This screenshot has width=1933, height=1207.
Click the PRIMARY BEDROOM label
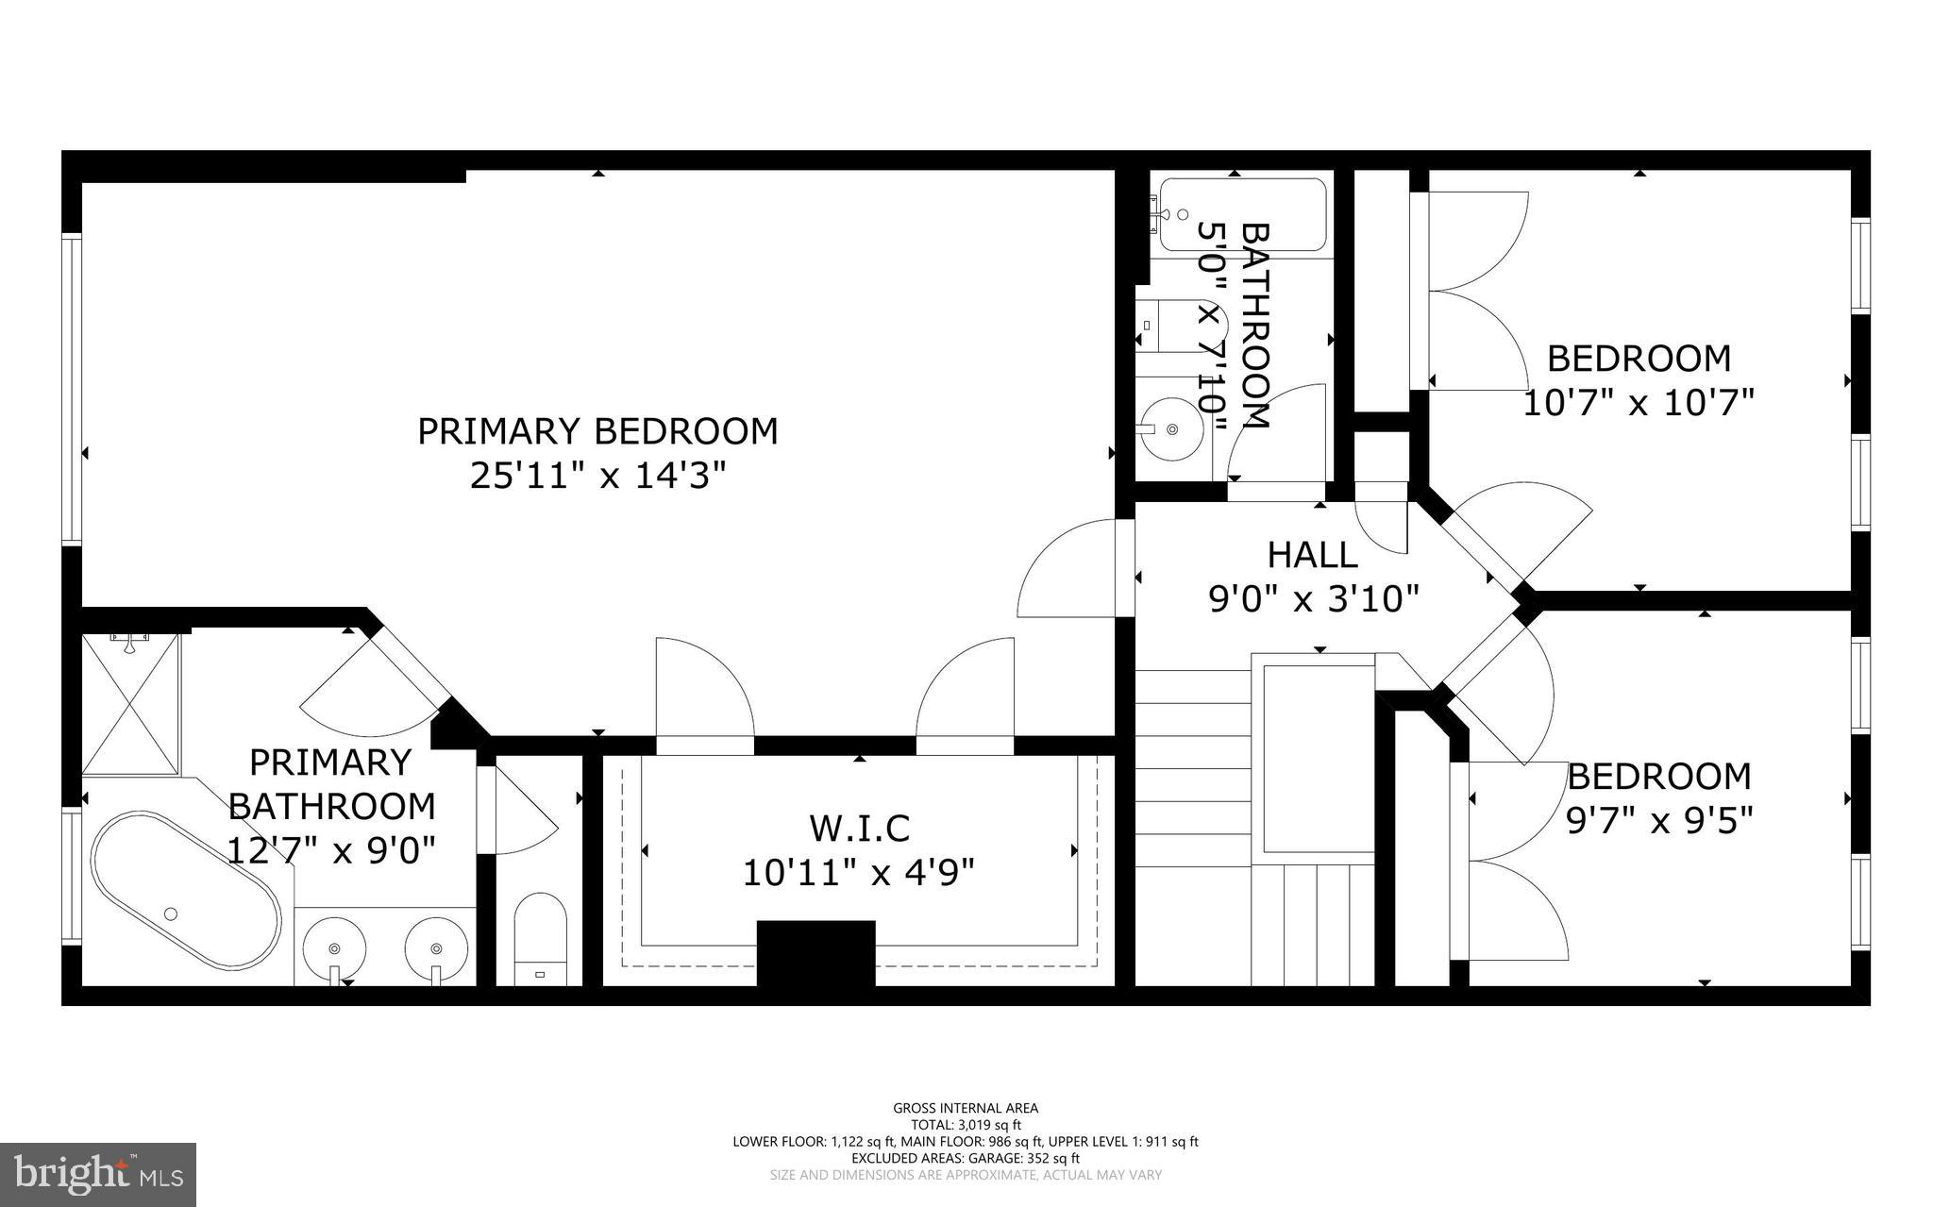tap(597, 431)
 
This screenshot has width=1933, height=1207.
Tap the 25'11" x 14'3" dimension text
tap(597, 476)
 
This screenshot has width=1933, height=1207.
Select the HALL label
tap(1312, 555)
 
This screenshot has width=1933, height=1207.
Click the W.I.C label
tap(859, 828)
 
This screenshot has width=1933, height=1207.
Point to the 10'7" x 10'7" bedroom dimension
tap(1639, 403)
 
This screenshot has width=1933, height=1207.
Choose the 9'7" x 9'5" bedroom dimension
tap(1659, 821)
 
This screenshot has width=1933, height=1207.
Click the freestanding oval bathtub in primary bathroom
tap(186, 890)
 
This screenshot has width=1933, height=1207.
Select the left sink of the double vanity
tap(334, 947)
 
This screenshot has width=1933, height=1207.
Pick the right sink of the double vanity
tap(436, 947)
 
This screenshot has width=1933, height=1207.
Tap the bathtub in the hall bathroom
tap(1241, 214)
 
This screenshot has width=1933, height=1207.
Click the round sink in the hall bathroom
tap(1171, 429)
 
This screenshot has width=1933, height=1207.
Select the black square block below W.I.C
tap(816, 953)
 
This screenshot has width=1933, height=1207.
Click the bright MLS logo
tap(98, 1174)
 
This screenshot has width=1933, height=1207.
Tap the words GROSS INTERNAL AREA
tap(966, 1108)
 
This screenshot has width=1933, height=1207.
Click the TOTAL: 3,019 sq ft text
tap(966, 1125)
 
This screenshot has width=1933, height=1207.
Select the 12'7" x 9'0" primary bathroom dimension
tap(331, 851)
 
